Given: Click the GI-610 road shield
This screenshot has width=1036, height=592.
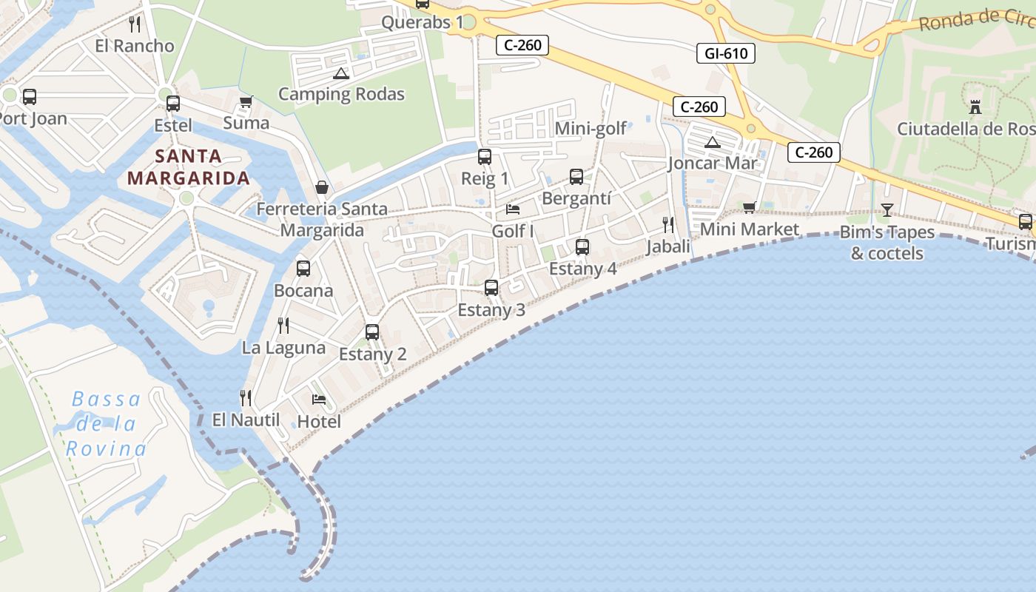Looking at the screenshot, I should [x=725, y=53].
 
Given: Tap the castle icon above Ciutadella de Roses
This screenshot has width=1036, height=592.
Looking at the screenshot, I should [x=975, y=107].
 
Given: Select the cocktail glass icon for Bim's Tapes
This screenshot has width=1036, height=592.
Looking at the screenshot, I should [x=887, y=210].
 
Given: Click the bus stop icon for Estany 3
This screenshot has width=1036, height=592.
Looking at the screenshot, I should [x=491, y=288].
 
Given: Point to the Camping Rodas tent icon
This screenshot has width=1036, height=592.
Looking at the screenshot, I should [x=340, y=73].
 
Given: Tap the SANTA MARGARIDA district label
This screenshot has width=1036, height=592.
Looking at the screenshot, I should [x=188, y=167].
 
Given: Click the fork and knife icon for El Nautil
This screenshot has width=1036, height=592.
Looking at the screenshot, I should [x=246, y=398].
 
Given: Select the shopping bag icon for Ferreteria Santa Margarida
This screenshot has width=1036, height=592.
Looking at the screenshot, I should [x=322, y=187].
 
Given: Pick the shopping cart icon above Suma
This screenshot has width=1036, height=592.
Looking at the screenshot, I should [x=246, y=102].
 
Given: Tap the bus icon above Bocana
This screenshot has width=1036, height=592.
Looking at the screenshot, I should [x=303, y=269].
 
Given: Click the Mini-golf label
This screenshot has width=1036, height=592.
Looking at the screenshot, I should [x=591, y=129].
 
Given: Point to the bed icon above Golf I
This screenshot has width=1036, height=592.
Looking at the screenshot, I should [x=513, y=209].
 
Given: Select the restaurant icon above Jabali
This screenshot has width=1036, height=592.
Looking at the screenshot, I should [x=668, y=224].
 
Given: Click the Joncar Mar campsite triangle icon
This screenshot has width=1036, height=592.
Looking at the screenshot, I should [x=713, y=142].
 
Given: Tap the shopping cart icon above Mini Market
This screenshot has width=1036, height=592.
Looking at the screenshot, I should [x=750, y=208].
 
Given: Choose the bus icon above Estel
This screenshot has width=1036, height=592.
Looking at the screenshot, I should [x=173, y=104].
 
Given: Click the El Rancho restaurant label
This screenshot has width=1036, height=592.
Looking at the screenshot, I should [x=135, y=46].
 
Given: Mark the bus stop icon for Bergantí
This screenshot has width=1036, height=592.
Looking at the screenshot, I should [x=576, y=177].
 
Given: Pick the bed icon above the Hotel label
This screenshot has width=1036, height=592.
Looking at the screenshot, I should [x=319, y=400].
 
